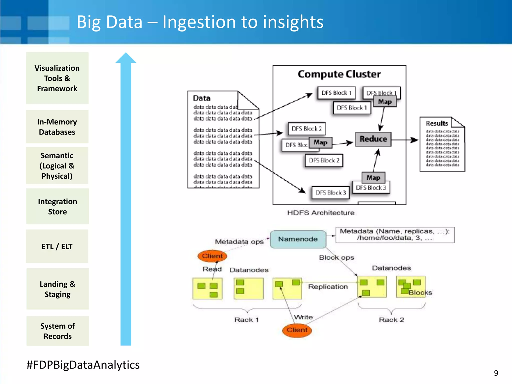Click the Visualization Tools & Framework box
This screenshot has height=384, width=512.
(57, 78)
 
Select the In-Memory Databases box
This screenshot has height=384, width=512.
(57, 127)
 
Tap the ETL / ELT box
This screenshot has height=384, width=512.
(57, 246)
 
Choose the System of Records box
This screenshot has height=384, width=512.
(58, 331)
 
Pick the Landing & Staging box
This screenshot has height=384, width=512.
(58, 289)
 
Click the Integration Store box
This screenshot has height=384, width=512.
(57, 206)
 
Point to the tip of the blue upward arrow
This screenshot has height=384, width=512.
(126, 54)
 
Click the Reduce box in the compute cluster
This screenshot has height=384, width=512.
(373, 139)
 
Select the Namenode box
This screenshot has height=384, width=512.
(298, 239)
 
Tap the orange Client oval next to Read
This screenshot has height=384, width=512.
(212, 256)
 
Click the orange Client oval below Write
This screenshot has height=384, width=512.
(297, 330)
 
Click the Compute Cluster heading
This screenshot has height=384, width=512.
(339, 74)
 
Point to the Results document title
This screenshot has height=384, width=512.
(437, 123)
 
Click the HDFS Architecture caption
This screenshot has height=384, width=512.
(321, 213)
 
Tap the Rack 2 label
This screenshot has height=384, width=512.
(391, 320)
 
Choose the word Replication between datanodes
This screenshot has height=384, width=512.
(328, 286)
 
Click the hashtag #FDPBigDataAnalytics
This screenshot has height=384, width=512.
(83, 365)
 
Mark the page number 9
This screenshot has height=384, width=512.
(496, 373)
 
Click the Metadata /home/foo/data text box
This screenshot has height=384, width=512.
(395, 235)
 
